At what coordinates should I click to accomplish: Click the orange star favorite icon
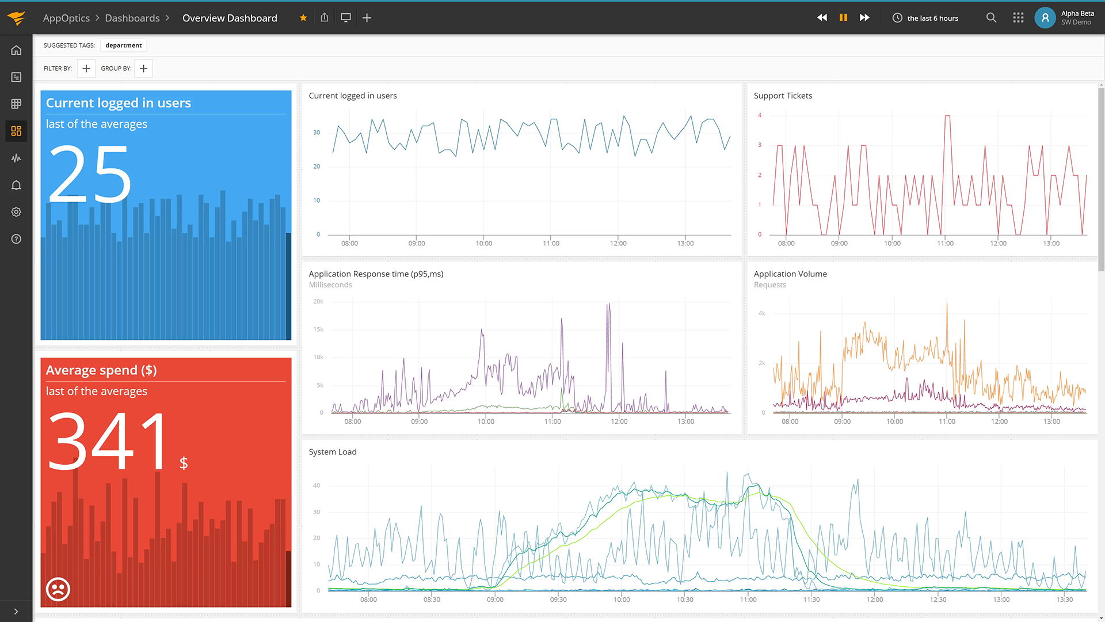pyautogui.click(x=303, y=18)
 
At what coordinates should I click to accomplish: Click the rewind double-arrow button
pyautogui.click(x=822, y=18)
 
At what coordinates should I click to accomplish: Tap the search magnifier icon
pyautogui.click(x=991, y=18)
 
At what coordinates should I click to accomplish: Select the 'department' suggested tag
pyautogui.click(x=124, y=45)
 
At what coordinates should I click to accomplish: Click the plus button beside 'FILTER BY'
pyautogui.click(x=86, y=69)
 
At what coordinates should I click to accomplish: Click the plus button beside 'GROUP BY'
pyautogui.click(x=144, y=69)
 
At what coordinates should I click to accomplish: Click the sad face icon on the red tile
pyautogui.click(x=58, y=589)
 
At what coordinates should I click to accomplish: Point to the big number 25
pyautogui.click(x=90, y=174)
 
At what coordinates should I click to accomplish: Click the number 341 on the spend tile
pyautogui.click(x=108, y=441)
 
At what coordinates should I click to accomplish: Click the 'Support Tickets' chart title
pyautogui.click(x=783, y=96)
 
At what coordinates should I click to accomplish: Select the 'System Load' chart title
pyautogui.click(x=333, y=452)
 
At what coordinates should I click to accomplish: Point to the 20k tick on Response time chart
pyautogui.click(x=318, y=301)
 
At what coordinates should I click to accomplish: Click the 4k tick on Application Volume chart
pyautogui.click(x=762, y=313)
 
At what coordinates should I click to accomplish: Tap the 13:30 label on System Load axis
pyautogui.click(x=1065, y=600)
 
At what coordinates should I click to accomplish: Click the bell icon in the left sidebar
pyautogui.click(x=16, y=185)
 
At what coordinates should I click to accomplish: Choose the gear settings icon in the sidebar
pyautogui.click(x=16, y=212)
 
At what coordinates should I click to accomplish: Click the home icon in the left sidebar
pyautogui.click(x=16, y=50)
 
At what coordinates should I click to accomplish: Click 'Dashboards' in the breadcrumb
pyautogui.click(x=132, y=18)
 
